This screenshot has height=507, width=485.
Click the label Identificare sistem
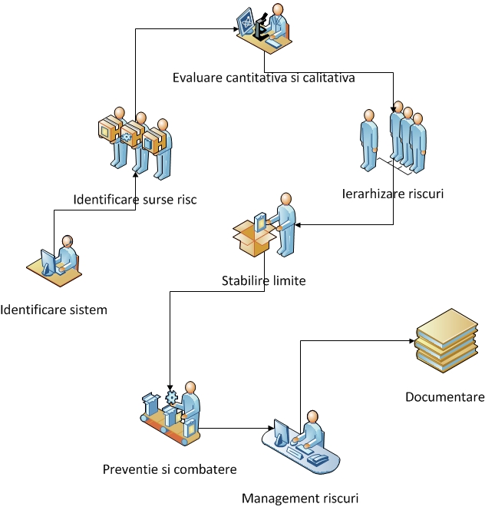coord(54,310)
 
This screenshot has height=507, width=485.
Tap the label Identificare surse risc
coord(135,200)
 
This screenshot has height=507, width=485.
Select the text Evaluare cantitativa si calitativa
coord(263,77)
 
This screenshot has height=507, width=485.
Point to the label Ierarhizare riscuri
coord(393,194)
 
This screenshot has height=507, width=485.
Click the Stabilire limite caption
coord(263,281)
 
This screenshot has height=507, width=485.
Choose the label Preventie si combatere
coord(170,469)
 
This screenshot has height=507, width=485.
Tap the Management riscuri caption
coord(300,498)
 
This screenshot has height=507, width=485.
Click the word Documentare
coord(445,397)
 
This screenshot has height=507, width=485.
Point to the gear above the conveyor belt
coord(171,396)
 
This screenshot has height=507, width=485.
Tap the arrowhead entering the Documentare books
coord(413,341)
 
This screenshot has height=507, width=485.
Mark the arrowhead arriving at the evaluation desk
coord(236,29)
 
